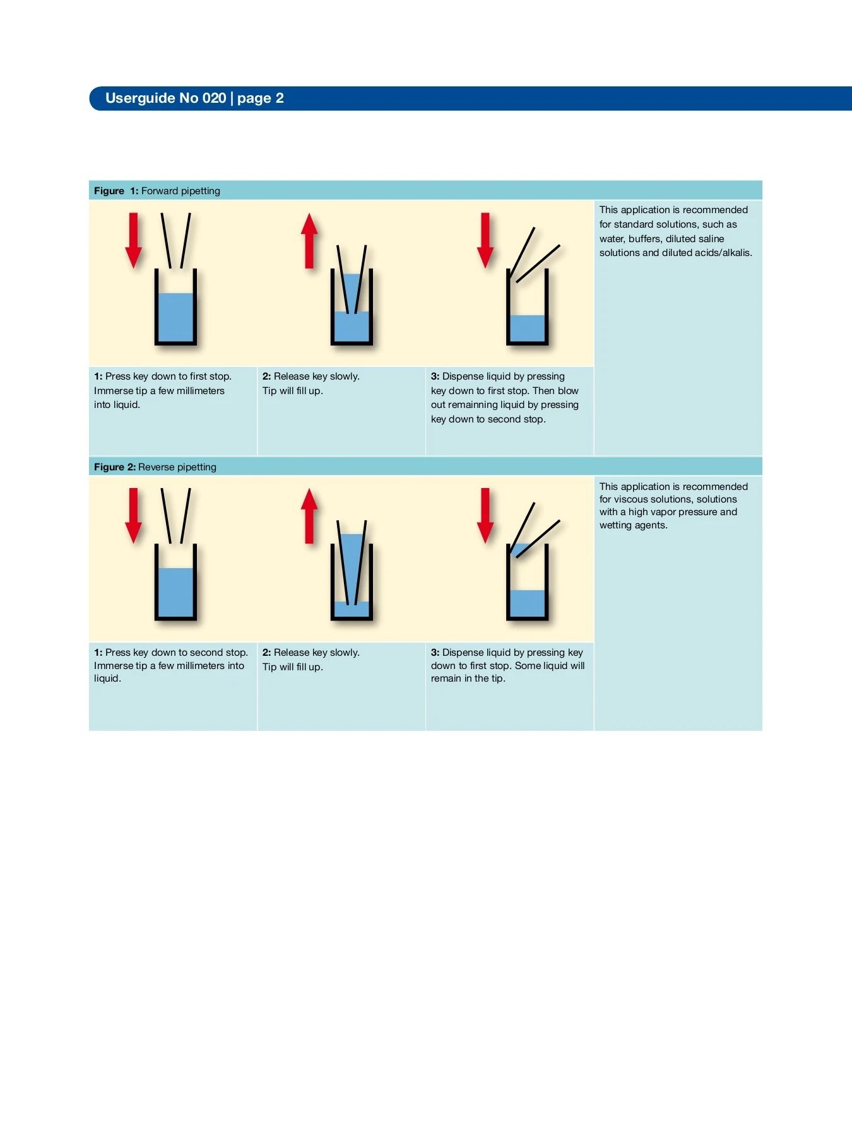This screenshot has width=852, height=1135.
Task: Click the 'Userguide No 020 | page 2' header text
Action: [x=194, y=98]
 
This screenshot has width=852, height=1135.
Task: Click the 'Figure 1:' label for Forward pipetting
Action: [x=116, y=191]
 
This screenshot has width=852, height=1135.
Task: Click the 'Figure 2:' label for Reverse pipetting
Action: [x=115, y=467]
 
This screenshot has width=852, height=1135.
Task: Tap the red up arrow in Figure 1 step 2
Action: [x=309, y=242]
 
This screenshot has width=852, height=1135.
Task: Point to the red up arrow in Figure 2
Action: [x=309, y=516]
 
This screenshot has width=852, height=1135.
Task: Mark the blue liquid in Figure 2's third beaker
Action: [x=527, y=603]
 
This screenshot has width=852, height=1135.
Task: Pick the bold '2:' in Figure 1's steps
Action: [x=266, y=376]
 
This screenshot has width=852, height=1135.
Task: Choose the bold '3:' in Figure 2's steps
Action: [x=435, y=653]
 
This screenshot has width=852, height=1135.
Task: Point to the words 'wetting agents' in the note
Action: [x=633, y=525]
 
